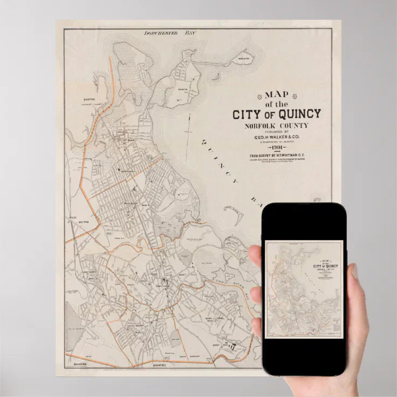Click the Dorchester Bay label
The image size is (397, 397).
pos(169,33)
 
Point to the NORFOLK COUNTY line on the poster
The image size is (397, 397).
pos(277,126)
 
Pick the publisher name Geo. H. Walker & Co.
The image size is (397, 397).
pos(277,137)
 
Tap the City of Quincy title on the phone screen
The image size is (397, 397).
pos(325,266)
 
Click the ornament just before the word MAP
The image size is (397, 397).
pos(259,97)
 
